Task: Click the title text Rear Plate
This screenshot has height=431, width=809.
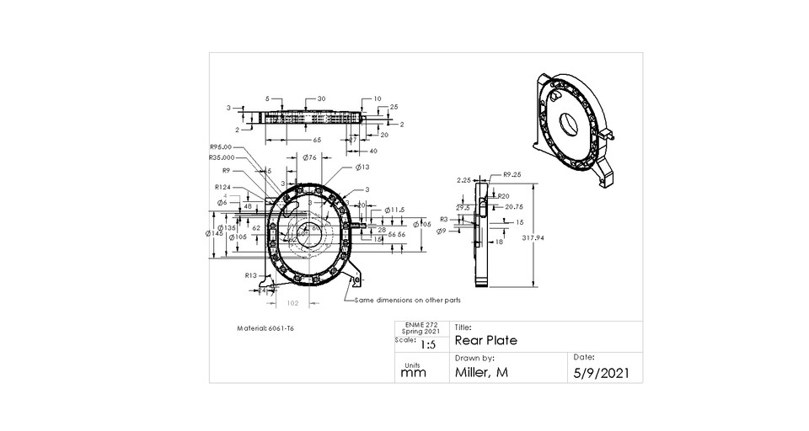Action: (485, 341)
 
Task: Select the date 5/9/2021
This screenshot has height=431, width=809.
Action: (601, 372)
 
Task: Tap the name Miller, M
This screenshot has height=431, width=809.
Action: (485, 372)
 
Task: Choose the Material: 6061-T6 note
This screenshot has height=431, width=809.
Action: (267, 328)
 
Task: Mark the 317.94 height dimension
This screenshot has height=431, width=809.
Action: (533, 238)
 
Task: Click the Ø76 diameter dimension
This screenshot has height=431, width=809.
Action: (308, 157)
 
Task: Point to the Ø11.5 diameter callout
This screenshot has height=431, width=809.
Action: (395, 210)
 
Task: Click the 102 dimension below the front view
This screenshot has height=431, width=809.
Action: (293, 301)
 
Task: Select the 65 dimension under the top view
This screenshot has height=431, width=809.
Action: (317, 140)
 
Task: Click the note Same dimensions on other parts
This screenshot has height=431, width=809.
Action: (408, 299)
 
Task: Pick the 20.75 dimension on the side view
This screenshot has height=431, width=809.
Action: (514, 206)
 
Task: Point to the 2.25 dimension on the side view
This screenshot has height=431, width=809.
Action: (463, 179)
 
